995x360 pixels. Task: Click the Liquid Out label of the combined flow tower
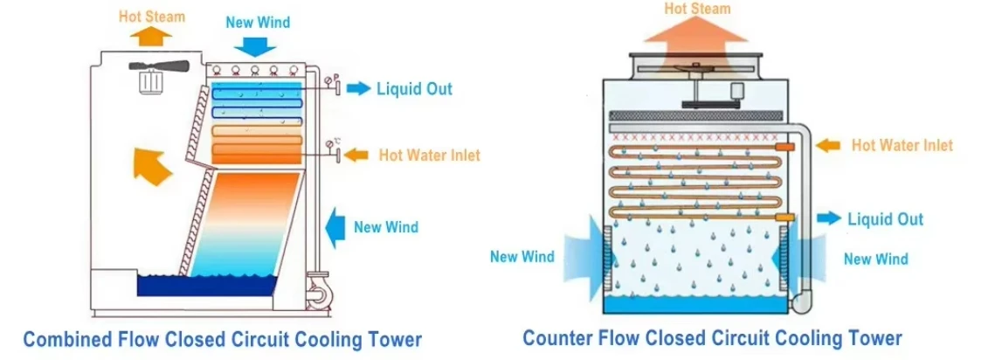(414, 88)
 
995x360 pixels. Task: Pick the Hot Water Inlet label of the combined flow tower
(429, 156)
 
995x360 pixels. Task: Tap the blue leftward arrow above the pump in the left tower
(335, 228)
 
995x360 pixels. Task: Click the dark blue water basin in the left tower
(208, 286)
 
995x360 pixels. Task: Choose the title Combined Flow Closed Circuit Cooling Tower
(222, 339)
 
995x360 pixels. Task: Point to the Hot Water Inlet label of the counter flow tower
(902, 145)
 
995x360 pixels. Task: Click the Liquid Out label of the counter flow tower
(885, 218)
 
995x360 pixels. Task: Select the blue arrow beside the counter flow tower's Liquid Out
(829, 218)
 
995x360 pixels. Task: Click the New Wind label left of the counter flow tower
(522, 257)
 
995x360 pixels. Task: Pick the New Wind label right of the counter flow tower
(875, 259)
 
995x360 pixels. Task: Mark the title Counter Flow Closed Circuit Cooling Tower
(712, 337)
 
